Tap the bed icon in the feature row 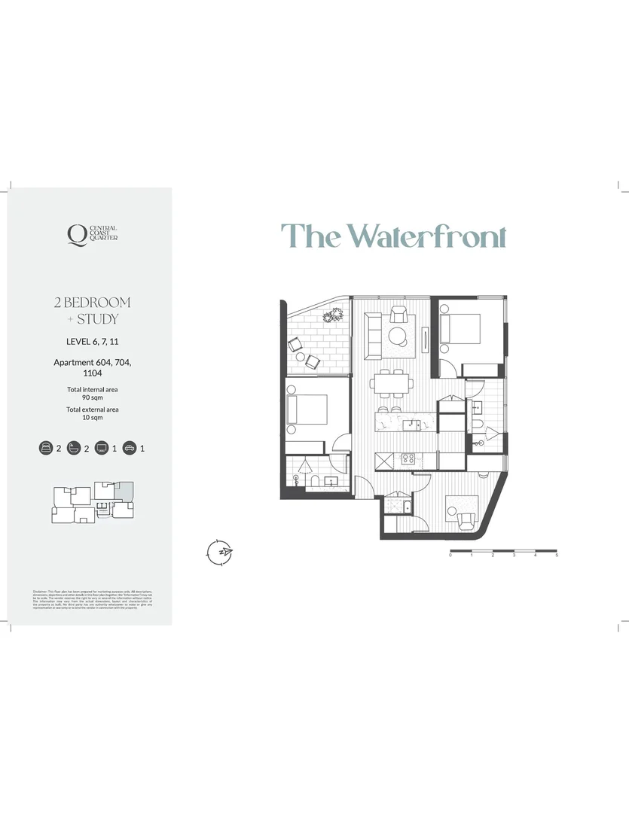tap(46, 449)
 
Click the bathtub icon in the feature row tap(74, 449)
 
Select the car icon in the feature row tap(130, 449)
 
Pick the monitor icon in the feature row tap(102, 449)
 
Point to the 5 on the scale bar tap(557, 556)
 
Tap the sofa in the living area tap(372, 336)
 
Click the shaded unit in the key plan tap(124, 491)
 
